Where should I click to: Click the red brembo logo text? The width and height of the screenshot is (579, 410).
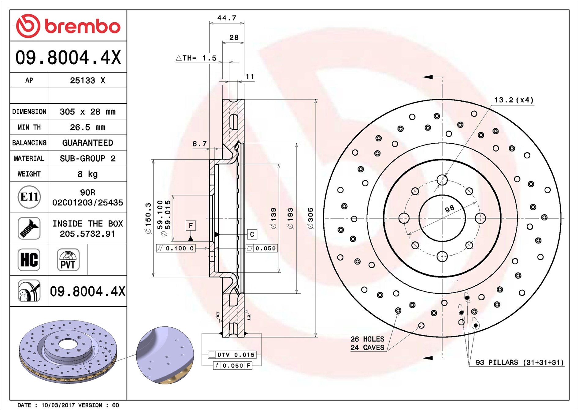click(83, 26)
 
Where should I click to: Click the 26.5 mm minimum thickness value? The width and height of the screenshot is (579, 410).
click(87, 127)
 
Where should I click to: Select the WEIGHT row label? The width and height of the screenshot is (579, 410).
click(29, 174)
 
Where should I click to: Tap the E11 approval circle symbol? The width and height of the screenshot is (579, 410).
click(29, 197)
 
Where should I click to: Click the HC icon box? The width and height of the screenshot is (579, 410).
click(29, 260)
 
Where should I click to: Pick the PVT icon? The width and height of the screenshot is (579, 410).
click(68, 260)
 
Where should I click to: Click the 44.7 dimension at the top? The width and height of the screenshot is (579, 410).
click(227, 18)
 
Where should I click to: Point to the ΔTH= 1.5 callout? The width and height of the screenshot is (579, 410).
click(196, 58)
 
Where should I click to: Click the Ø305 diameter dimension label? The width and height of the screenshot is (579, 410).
click(310, 218)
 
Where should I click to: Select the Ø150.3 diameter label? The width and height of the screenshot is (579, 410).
click(148, 218)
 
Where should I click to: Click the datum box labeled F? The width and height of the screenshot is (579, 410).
click(191, 226)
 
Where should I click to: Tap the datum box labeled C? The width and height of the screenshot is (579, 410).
click(252, 235)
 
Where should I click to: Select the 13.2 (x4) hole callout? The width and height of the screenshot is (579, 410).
click(514, 100)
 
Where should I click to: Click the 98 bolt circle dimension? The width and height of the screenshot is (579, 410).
click(449, 209)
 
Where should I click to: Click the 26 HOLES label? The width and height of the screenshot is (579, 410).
click(367, 339)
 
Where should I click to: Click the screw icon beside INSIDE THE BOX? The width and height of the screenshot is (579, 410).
click(29, 228)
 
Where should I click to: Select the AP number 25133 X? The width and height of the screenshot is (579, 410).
click(87, 80)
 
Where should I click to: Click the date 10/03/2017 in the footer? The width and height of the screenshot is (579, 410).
click(58, 405)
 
